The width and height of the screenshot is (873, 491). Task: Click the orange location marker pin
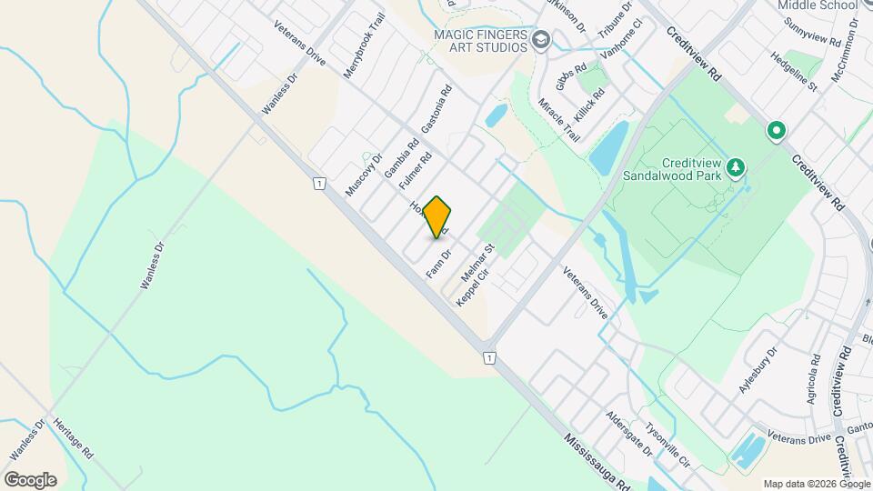(x=437, y=216)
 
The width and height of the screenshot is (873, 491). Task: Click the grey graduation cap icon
(x=542, y=39)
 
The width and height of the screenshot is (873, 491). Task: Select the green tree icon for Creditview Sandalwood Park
(x=737, y=167)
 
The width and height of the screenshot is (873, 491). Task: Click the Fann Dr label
(x=439, y=265)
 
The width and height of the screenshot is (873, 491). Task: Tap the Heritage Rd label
(x=73, y=441)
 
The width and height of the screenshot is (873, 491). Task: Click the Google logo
(x=31, y=479)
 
